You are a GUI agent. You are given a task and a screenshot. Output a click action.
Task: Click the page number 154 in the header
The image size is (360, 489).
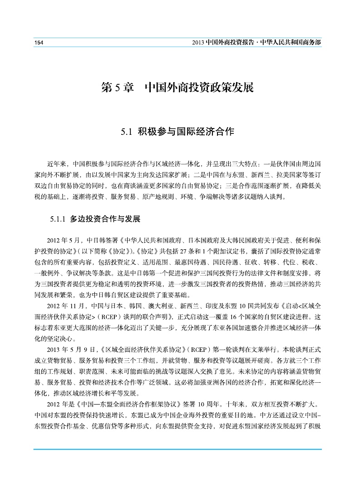pos(39,42)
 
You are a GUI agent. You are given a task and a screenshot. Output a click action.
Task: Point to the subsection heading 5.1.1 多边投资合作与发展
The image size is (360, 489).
pos(96,220)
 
